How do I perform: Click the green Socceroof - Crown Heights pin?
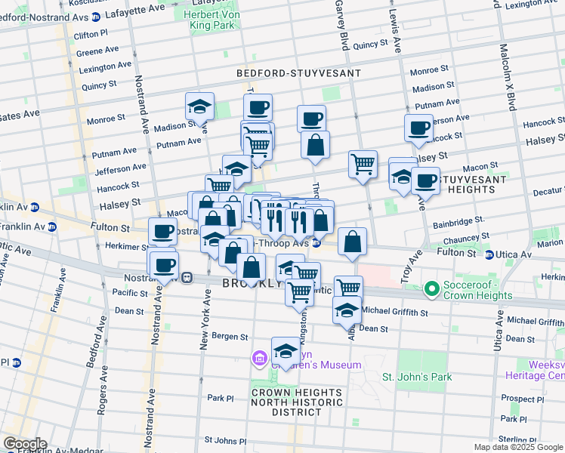[432, 288]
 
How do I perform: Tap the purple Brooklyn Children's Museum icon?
[259, 357]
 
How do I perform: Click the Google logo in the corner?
[24, 444]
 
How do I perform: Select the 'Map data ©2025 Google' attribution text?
[518, 447]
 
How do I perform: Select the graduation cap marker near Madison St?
[199, 106]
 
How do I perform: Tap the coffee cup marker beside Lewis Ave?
[418, 128]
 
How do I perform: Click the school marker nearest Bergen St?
[286, 351]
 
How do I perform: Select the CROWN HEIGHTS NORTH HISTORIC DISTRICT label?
[296, 402]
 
